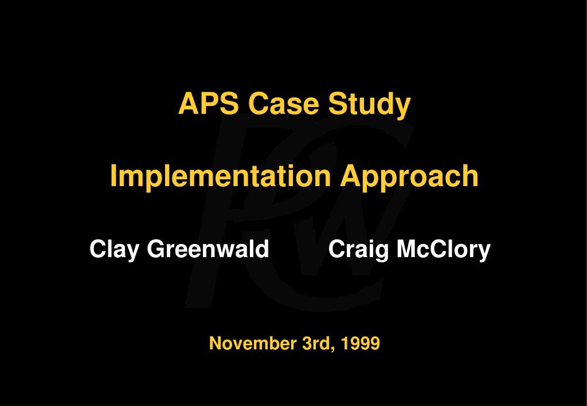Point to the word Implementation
click(x=220, y=176)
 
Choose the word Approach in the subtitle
click(x=409, y=176)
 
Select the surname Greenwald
click(x=208, y=249)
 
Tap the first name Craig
click(x=359, y=250)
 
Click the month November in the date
click(x=253, y=344)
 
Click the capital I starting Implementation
click(x=114, y=176)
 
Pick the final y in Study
click(x=404, y=107)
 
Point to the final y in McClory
click(x=485, y=252)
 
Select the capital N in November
click(x=215, y=344)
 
